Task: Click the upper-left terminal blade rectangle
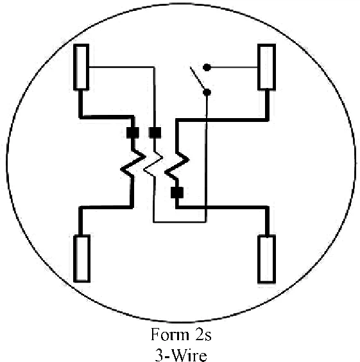pos(81,67)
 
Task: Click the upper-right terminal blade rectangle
pos(266,67)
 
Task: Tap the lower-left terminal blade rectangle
pos(81,259)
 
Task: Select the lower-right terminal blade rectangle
pos(266,259)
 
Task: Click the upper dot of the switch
pos(207,67)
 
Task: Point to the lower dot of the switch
pos(207,92)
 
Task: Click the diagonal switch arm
pos(197,78)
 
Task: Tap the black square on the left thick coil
pos(133,133)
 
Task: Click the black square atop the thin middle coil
pos(155,133)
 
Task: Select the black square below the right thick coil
pos(177,193)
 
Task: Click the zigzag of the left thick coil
pos(133,163)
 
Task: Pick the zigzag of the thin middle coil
pos(153,164)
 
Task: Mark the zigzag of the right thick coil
pos(176,166)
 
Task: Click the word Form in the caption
pos(169,334)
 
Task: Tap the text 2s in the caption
pos(203,334)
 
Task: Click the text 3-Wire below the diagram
pos(181,355)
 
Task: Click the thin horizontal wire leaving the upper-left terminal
pos(122,67)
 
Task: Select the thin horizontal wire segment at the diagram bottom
pos(180,222)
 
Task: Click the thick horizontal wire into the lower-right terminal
pos(222,207)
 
